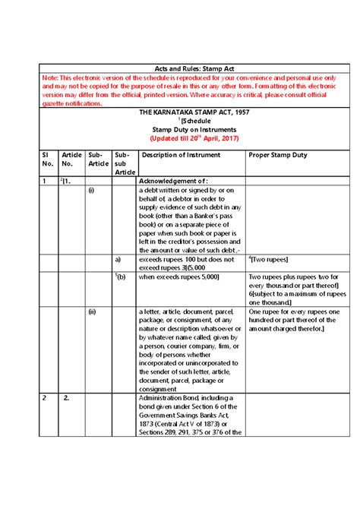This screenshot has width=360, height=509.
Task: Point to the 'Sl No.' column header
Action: (46, 159)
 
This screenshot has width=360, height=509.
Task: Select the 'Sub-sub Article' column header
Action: (124, 163)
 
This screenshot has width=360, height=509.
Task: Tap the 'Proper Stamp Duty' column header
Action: (278, 155)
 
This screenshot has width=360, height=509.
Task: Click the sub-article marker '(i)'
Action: (90, 191)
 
